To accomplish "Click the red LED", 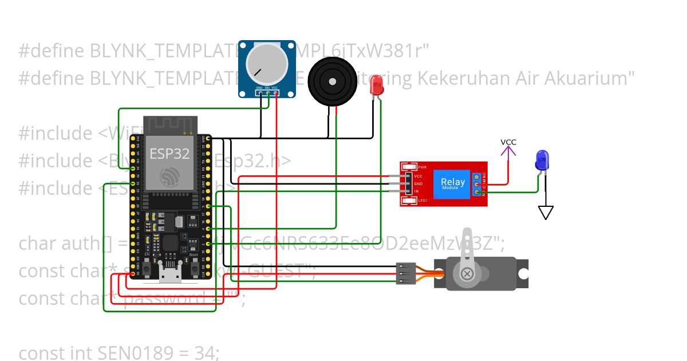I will coord(377,86).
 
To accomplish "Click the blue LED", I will coord(541,160).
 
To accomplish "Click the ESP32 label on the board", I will coord(169,153).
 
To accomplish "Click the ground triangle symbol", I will coord(546,213).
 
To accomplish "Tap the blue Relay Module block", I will coord(453,184).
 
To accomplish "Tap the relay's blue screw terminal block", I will coord(477,184).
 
